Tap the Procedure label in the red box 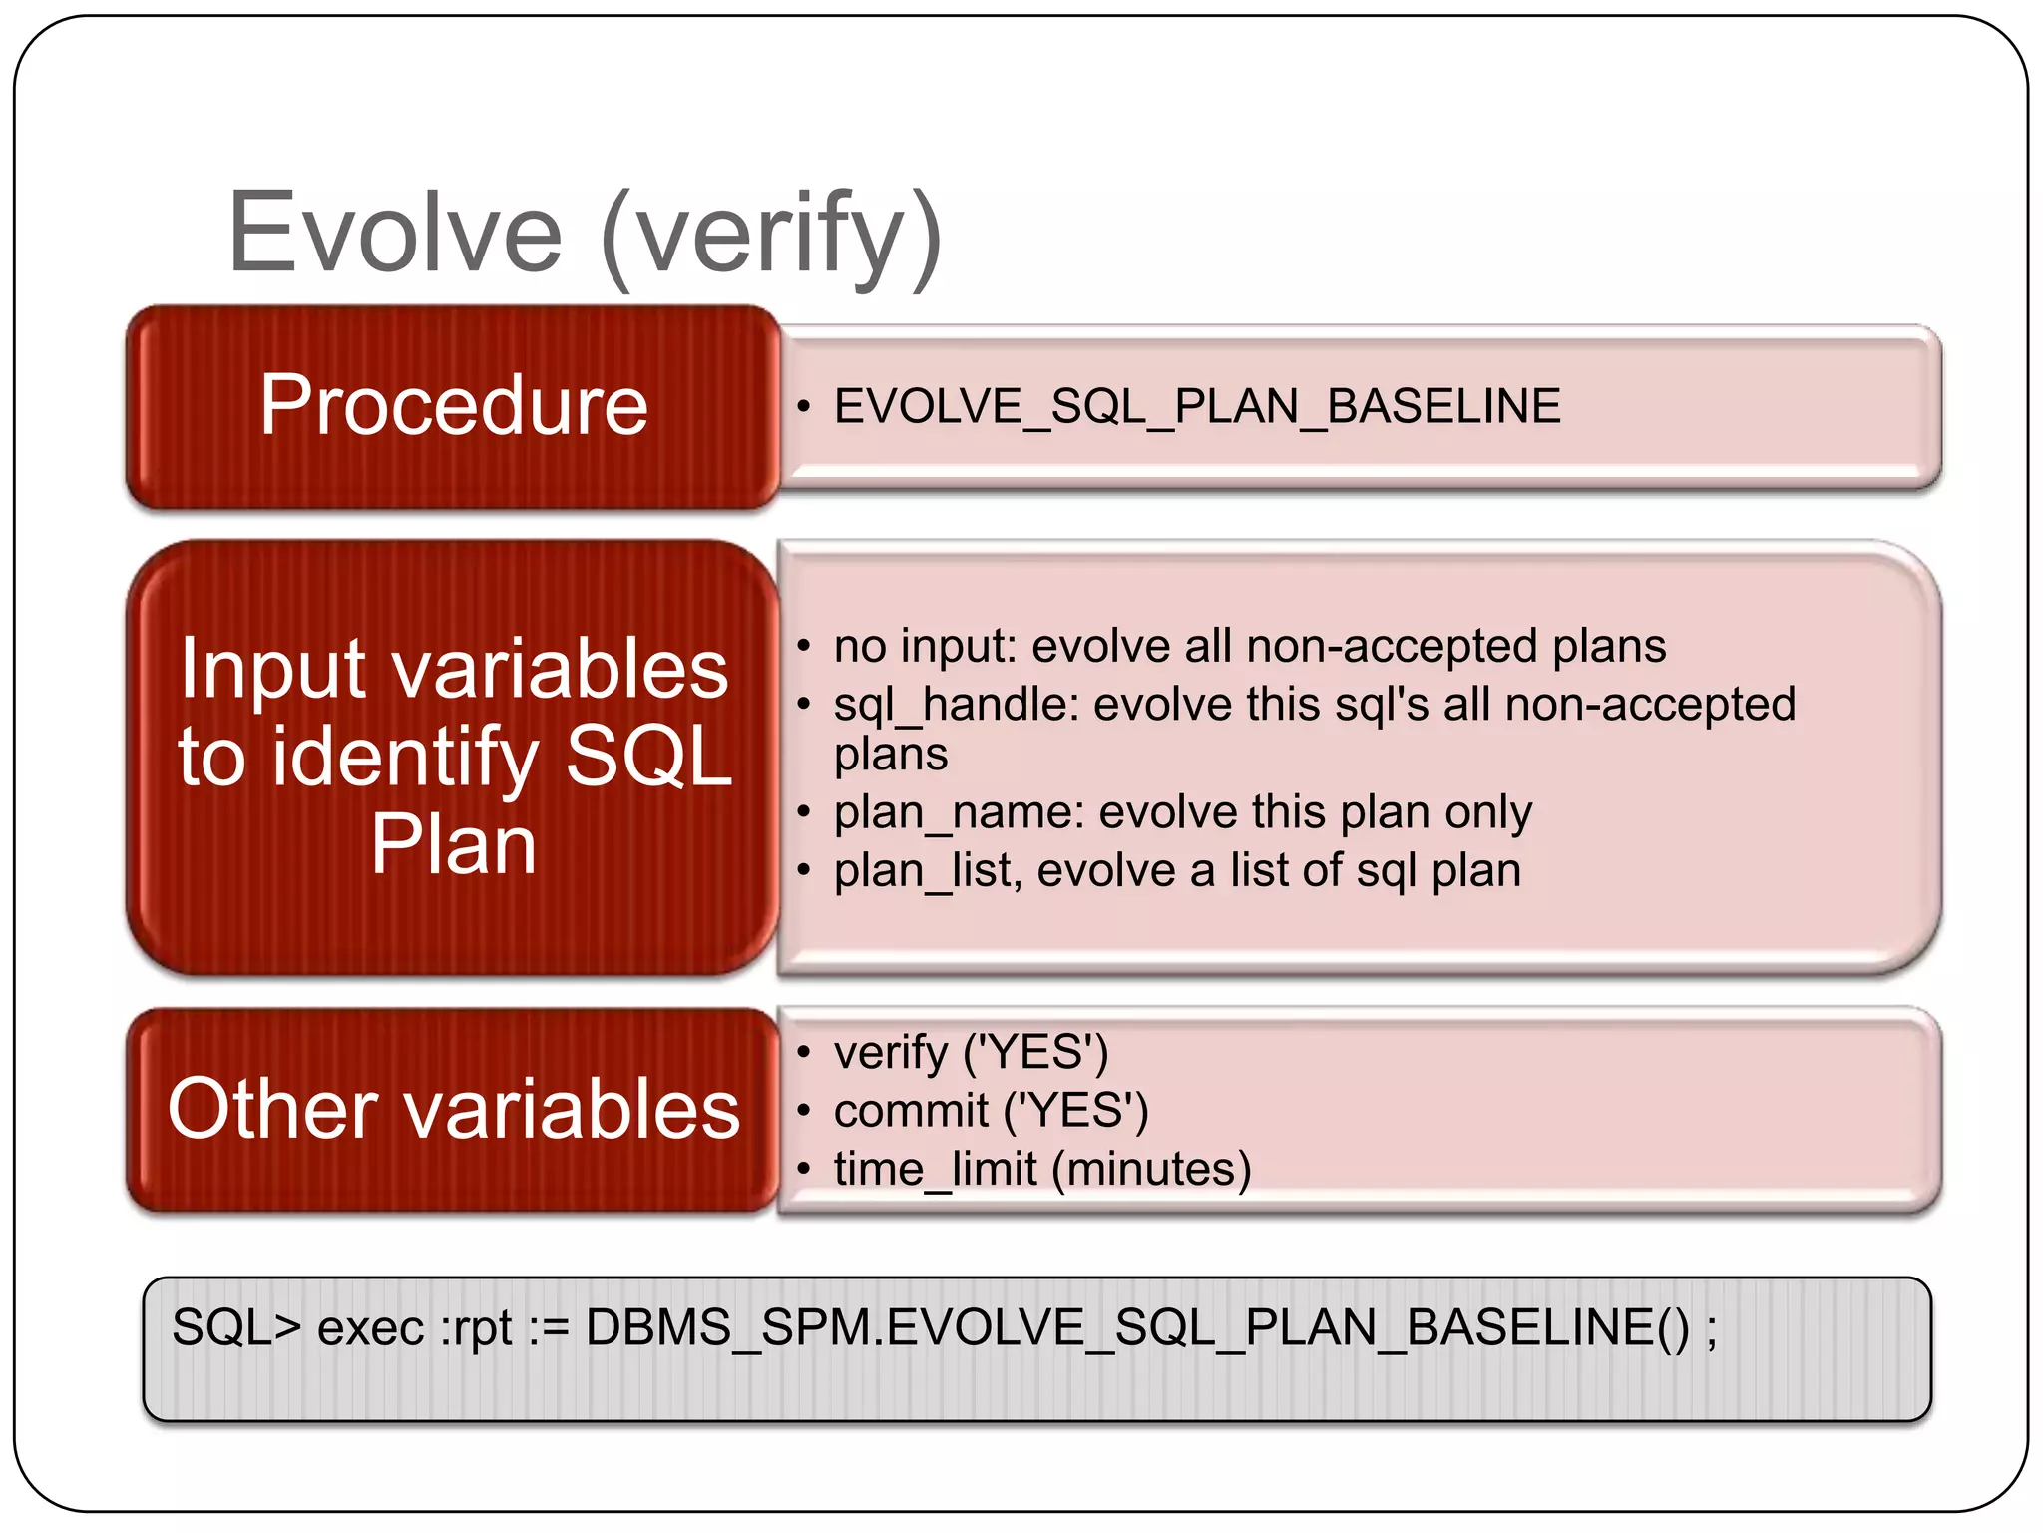(x=454, y=405)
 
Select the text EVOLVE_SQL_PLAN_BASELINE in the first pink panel (x=1197, y=406)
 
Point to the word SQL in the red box (x=648, y=756)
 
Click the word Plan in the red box (x=454, y=844)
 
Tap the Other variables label (x=454, y=1109)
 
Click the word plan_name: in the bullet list (x=959, y=812)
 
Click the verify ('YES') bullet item (x=971, y=1052)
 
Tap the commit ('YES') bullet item (x=991, y=1110)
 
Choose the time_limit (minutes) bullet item (x=1041, y=1169)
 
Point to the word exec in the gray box (x=370, y=1328)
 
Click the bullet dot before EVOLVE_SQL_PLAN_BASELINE (x=803, y=407)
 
